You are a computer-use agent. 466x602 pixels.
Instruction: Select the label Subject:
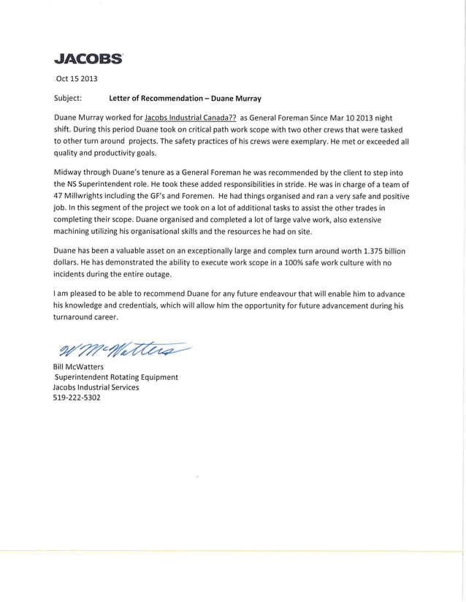pos(69,97)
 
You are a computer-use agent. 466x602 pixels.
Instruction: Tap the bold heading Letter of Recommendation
pos(153,97)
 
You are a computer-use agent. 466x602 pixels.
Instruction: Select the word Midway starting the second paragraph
pos(69,171)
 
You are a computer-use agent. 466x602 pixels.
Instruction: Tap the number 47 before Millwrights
pos(60,195)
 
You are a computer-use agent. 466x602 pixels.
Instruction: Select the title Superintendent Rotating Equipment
pos(117,377)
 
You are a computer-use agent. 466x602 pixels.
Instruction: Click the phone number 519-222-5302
pos(77,399)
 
